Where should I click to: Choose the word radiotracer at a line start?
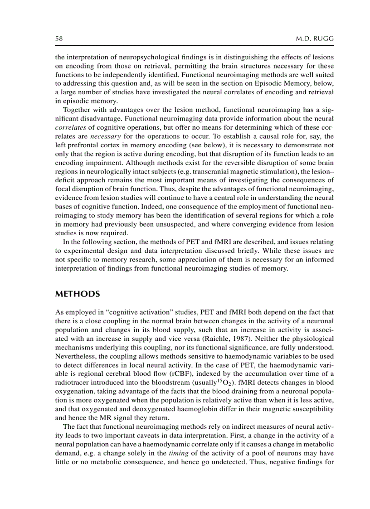click(72, 373)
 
